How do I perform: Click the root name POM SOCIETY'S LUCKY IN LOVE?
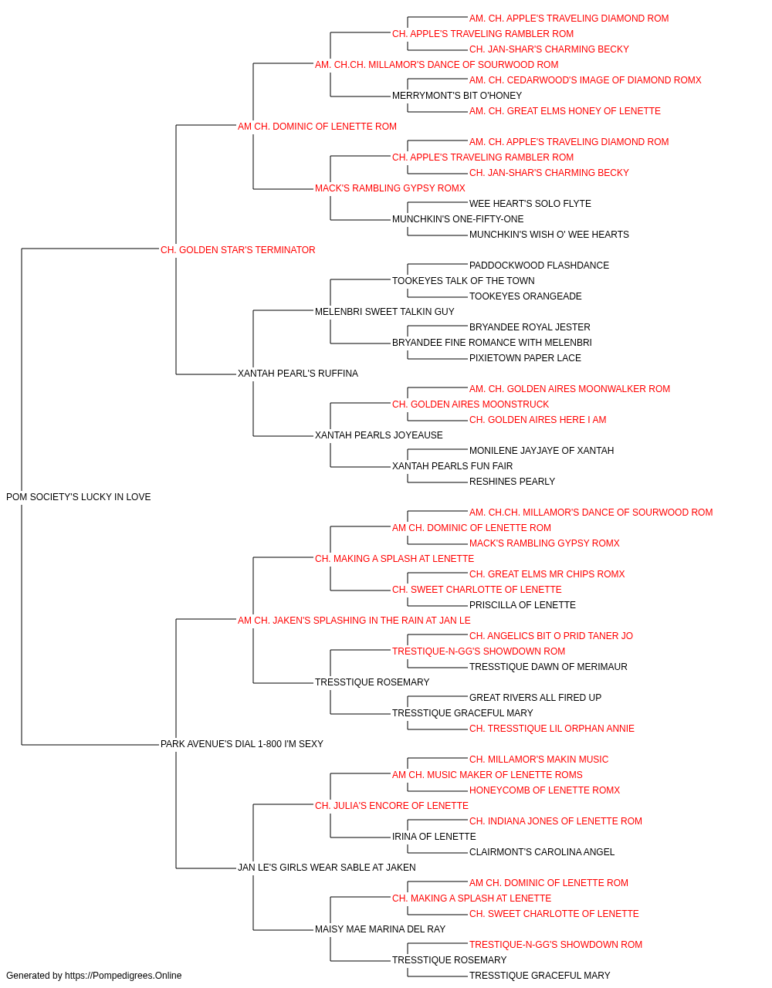[x=78, y=497]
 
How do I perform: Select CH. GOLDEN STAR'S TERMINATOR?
[x=238, y=250]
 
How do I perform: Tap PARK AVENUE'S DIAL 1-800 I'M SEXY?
[x=242, y=744]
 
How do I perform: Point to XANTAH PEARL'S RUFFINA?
[x=298, y=374]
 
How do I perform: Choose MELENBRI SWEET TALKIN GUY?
[x=384, y=311]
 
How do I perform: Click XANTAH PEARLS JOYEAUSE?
[x=379, y=435]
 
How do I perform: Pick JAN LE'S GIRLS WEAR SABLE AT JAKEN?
[x=327, y=868]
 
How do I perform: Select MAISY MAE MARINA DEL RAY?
[x=380, y=929]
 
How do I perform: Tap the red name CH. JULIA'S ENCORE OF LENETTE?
[x=391, y=806]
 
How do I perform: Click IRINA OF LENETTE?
[x=434, y=837]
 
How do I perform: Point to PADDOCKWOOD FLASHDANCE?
[x=539, y=266]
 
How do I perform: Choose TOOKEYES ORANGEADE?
[x=525, y=296]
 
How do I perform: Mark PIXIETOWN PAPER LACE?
[x=525, y=358]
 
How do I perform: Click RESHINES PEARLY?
[x=512, y=482]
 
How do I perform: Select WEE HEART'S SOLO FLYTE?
[x=530, y=204]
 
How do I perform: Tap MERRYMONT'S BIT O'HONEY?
[x=457, y=96]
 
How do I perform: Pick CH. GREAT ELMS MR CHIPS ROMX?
[x=547, y=574]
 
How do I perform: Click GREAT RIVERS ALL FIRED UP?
[x=535, y=698]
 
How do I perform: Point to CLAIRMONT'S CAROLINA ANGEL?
[x=541, y=852]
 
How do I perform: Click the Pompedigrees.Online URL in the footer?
[x=124, y=976]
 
